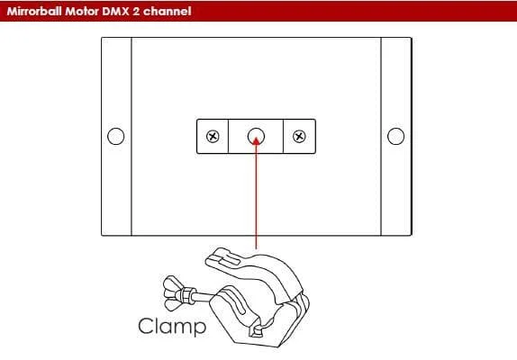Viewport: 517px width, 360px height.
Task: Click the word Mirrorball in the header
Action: point(34,11)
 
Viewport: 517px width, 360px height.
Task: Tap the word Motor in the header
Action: point(81,11)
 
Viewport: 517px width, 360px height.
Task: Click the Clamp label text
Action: point(172,326)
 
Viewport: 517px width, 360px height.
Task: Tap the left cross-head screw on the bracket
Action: point(213,137)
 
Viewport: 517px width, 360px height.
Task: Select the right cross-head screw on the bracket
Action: point(299,137)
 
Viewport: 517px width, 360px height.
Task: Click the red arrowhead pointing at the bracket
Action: point(256,141)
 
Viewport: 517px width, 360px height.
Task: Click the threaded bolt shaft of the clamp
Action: point(202,295)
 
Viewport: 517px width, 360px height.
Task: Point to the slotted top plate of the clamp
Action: point(223,257)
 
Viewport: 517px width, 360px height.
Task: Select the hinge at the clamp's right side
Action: point(301,306)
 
